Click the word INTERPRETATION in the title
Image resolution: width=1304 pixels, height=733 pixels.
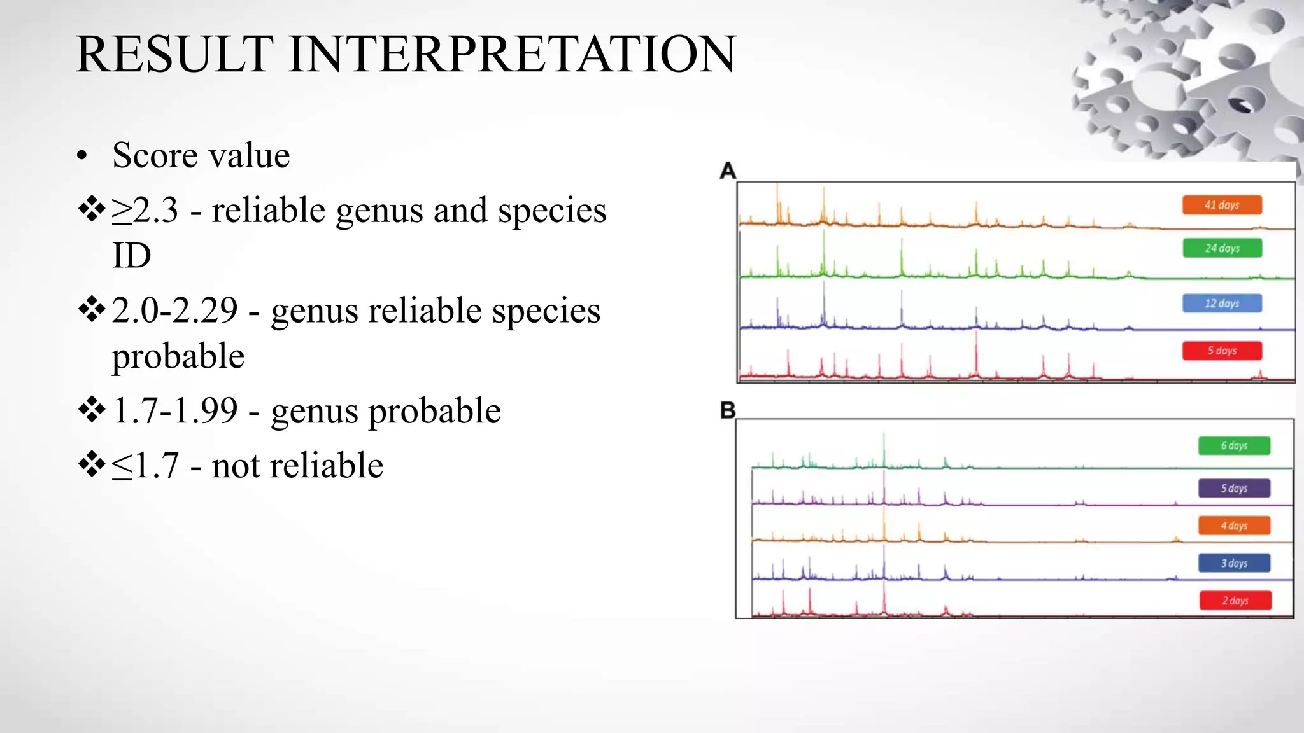click(x=513, y=55)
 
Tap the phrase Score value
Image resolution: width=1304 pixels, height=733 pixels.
click(x=201, y=155)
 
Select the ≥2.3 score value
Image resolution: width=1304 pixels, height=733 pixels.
click(x=145, y=211)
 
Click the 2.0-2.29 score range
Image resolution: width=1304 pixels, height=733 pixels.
click(x=174, y=311)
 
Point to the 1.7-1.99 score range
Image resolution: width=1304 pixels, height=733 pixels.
click(x=174, y=410)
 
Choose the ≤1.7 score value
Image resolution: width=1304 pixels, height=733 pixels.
click(x=145, y=466)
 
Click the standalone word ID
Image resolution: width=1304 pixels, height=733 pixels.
click(x=131, y=256)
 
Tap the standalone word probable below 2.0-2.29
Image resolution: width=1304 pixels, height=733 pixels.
click(x=178, y=356)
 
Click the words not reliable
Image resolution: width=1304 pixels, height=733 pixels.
click(x=297, y=466)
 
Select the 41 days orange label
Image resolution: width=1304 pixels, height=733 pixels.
click(x=1222, y=205)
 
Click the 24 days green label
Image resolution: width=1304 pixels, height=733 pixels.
click(x=1222, y=248)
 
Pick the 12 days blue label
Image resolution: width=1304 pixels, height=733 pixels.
click(x=1222, y=304)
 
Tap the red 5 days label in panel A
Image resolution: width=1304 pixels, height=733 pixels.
click(x=1222, y=351)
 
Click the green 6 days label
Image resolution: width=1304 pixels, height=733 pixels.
click(x=1234, y=445)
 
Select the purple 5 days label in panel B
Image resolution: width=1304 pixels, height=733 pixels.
click(x=1234, y=489)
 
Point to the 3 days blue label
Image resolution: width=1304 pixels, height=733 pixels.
click(x=1234, y=563)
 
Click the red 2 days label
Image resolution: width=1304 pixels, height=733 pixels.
click(x=1235, y=601)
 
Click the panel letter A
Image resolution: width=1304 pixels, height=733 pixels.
click(x=728, y=171)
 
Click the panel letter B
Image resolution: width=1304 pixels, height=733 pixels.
click(x=728, y=411)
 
